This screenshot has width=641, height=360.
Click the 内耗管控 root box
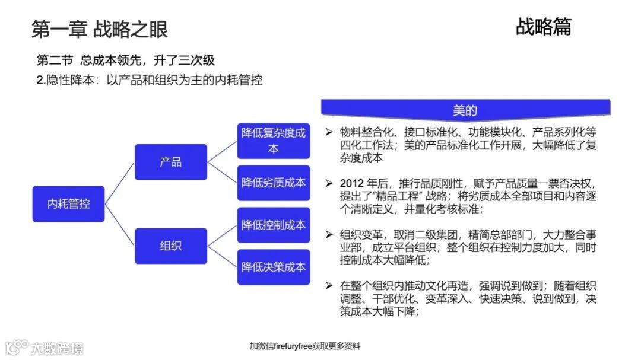(68, 204)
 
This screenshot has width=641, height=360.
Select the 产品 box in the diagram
(171, 162)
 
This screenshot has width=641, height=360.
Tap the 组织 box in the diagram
(171, 246)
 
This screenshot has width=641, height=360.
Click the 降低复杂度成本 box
(273, 141)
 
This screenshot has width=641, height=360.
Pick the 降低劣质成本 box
(273, 183)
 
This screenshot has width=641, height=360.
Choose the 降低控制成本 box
(273, 225)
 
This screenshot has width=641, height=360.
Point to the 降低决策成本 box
(273, 267)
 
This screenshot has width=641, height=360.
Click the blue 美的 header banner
(465, 110)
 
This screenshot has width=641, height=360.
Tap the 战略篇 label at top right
(543, 27)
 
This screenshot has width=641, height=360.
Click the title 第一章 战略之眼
(99, 29)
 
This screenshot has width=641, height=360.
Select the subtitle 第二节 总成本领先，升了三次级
(125, 60)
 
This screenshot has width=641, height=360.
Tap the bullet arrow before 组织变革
(329, 235)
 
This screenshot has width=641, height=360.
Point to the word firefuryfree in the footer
(293, 346)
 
